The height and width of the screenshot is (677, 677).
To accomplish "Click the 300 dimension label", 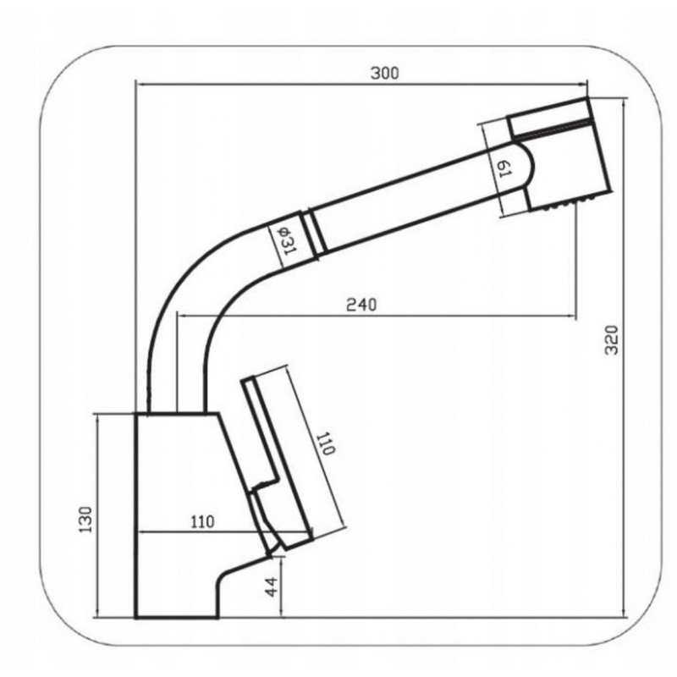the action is [x=385, y=74].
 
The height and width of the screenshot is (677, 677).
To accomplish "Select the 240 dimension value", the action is [x=361, y=305].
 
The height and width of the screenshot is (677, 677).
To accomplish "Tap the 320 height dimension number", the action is [x=611, y=340].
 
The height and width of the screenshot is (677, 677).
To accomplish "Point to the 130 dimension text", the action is [x=85, y=519].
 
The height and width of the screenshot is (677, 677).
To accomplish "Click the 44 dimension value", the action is [x=272, y=587].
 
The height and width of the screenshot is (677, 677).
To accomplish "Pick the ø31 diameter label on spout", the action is [x=286, y=240].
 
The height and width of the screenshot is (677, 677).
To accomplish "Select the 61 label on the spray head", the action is [x=504, y=168].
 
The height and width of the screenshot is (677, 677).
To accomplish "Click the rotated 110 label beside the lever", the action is [x=325, y=443].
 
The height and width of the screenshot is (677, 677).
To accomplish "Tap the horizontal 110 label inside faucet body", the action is [x=202, y=522].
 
